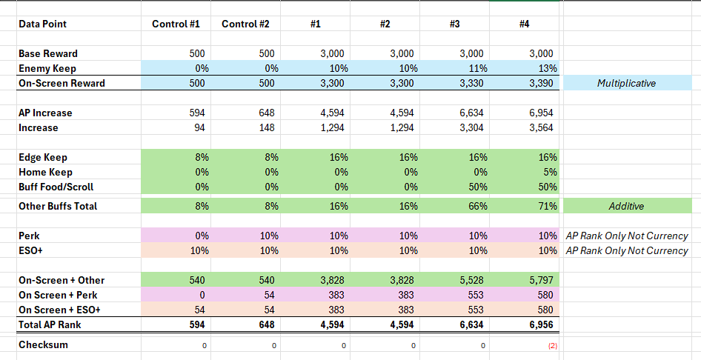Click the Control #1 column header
click(x=176, y=24)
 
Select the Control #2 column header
click(x=245, y=24)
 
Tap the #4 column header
click(x=525, y=24)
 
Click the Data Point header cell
click(x=42, y=24)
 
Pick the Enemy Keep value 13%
click(x=548, y=68)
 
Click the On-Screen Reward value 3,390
click(x=541, y=83)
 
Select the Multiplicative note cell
click(x=626, y=83)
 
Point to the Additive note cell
click(x=626, y=206)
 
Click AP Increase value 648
click(x=267, y=113)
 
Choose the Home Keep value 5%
click(x=551, y=172)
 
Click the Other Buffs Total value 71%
click(x=548, y=206)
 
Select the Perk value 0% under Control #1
click(x=199, y=236)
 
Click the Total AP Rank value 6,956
click(x=541, y=324)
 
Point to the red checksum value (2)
click(x=553, y=345)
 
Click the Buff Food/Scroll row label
click(x=56, y=187)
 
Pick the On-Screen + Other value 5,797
click(x=541, y=280)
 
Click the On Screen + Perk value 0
click(x=202, y=295)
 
